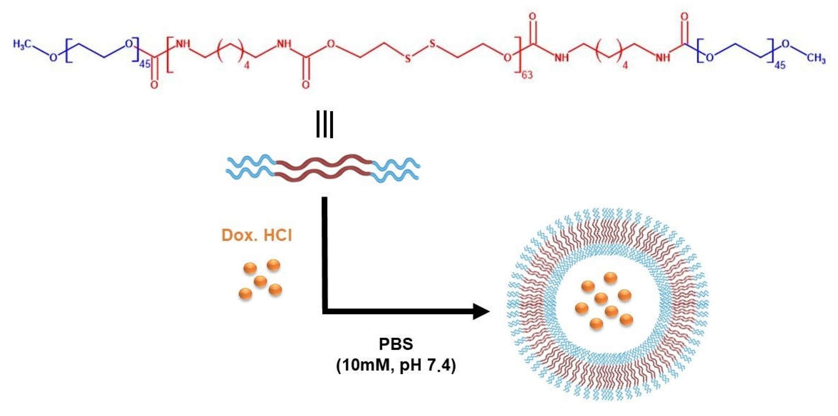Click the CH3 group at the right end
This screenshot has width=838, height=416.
[x=816, y=59]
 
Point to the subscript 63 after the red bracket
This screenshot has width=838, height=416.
[x=527, y=75]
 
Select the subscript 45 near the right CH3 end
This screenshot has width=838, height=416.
[x=780, y=65]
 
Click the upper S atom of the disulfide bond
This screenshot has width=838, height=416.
[x=432, y=44]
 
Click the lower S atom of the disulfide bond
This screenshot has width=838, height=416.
[x=407, y=59]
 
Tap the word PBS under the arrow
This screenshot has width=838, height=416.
[x=396, y=344]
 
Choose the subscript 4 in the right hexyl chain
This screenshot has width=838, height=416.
[x=625, y=65]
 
